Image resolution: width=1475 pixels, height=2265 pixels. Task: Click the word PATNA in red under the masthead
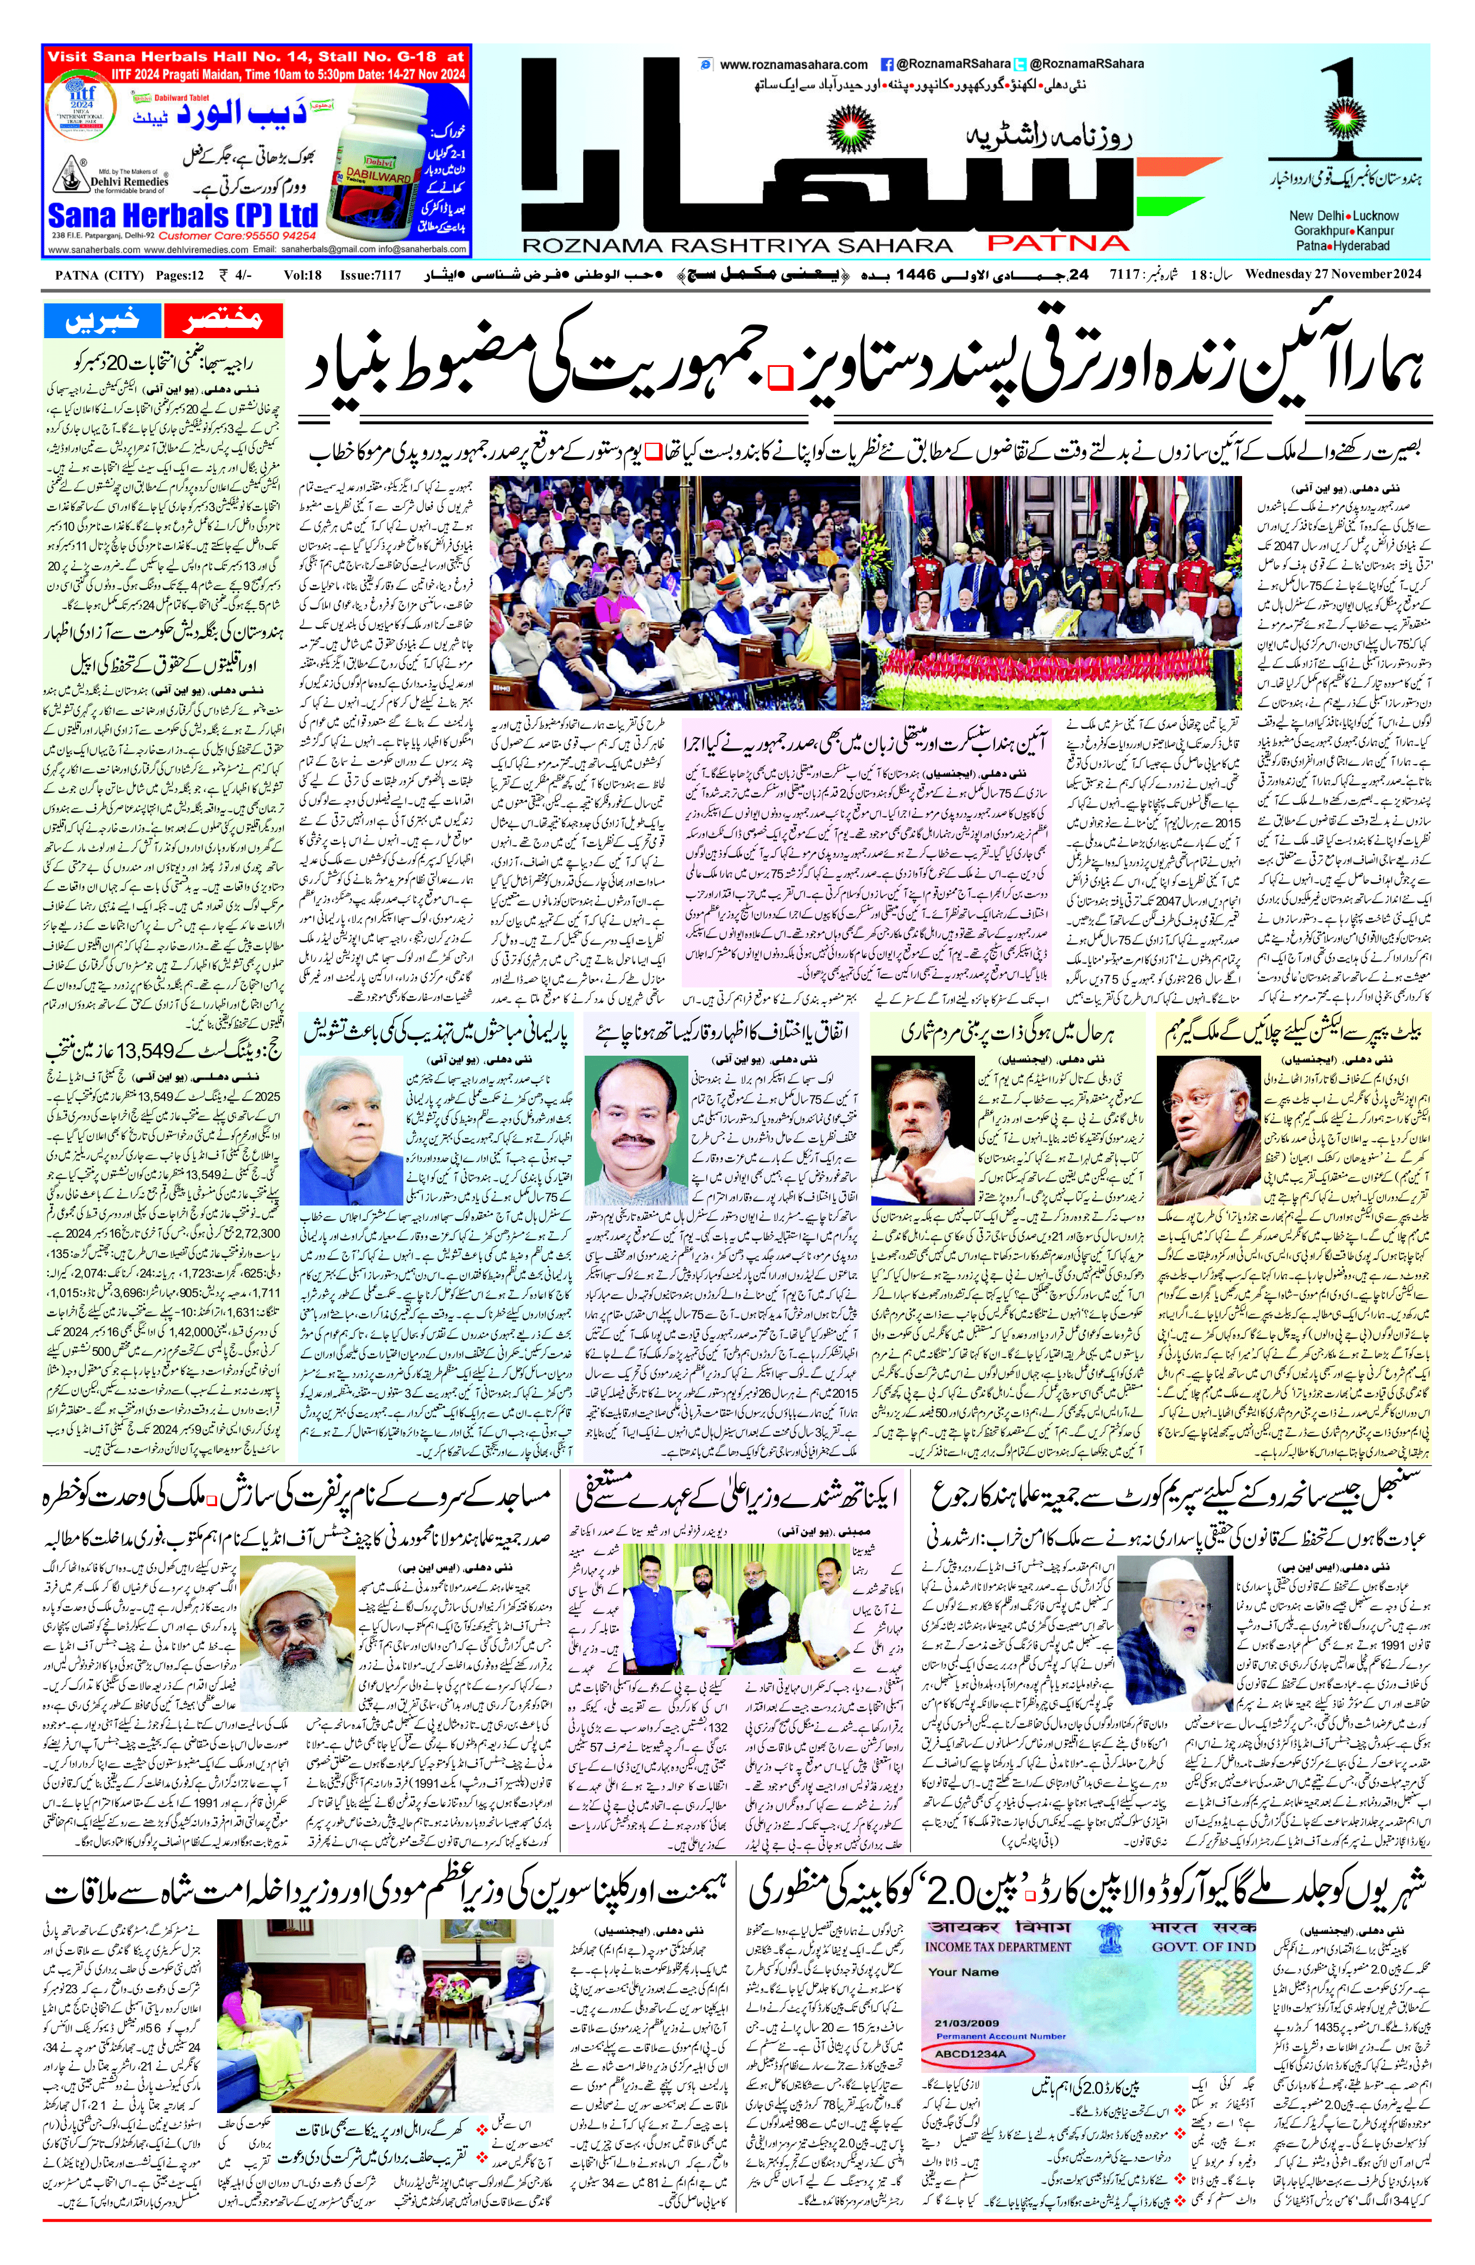click(x=1056, y=242)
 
